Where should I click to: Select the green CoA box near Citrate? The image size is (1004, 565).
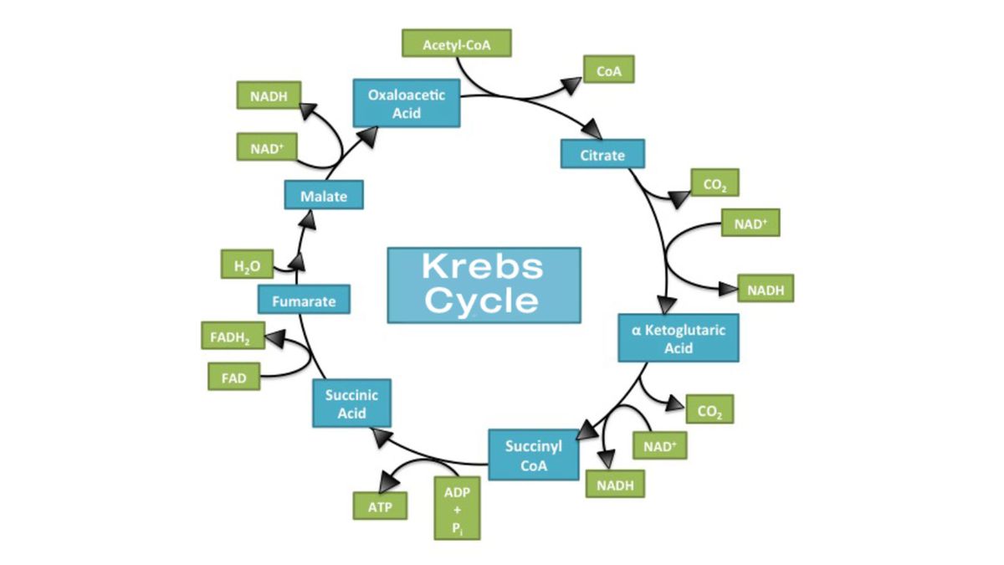608,71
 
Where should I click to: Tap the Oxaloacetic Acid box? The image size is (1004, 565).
406,103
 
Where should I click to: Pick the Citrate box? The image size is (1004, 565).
602,155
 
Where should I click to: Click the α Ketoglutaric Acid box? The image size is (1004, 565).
679,338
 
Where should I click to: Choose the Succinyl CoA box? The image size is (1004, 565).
533,455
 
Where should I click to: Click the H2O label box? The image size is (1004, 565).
248,266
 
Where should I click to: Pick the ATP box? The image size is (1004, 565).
379,506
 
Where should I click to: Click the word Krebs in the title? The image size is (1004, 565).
483,267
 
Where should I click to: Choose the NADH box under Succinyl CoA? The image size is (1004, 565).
615,483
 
